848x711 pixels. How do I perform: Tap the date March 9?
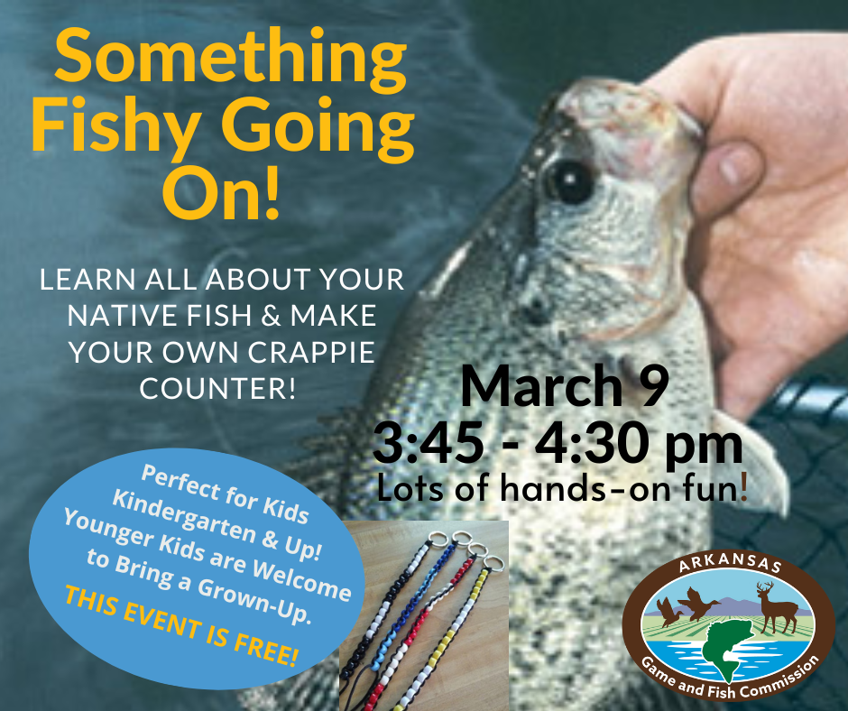pyautogui.click(x=566, y=387)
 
